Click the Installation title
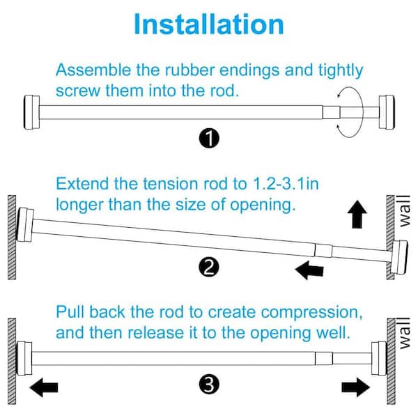(209, 24)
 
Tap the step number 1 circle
(209, 139)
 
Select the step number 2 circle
(209, 267)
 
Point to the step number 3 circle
(209, 385)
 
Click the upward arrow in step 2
(357, 215)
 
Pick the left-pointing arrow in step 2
(309, 270)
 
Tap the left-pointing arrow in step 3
(44, 387)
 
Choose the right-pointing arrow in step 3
(356, 387)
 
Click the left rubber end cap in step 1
(32, 112)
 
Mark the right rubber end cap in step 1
(387, 112)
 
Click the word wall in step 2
(404, 211)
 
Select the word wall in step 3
(404, 333)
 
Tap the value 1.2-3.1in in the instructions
(285, 184)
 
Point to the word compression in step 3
(311, 312)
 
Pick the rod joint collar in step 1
(332, 112)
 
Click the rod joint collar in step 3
(324, 358)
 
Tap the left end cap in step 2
(25, 225)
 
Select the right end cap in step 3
(379, 358)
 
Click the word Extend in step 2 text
(82, 184)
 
